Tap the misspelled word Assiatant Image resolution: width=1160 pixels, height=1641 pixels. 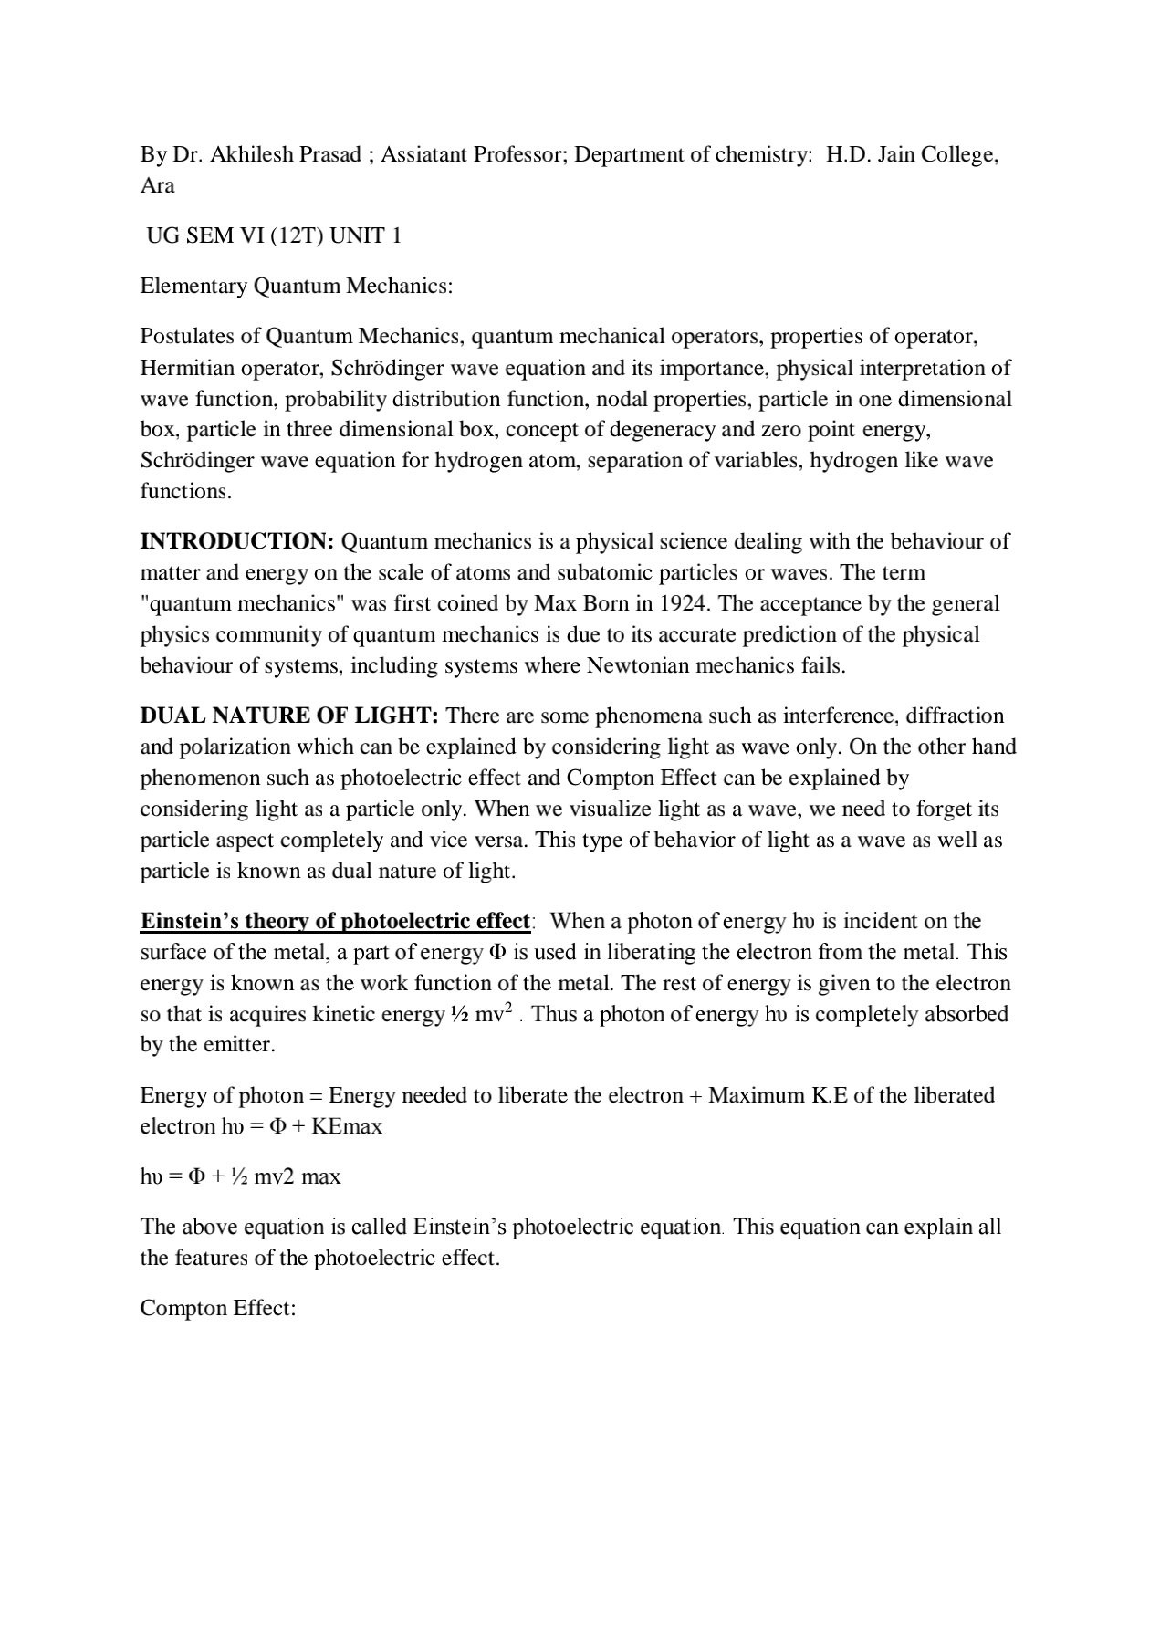(423, 154)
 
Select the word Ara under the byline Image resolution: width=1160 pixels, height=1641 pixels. (157, 185)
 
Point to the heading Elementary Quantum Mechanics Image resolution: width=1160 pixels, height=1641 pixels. (296, 286)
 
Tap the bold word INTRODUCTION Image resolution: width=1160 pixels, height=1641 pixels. (237, 541)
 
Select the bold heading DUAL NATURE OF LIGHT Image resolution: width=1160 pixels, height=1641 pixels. (289, 716)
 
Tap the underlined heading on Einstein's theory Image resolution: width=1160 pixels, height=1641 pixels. (335, 921)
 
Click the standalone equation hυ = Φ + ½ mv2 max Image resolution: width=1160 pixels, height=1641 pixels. (240, 1176)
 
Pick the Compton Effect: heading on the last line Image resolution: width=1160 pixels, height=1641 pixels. (218, 1308)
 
